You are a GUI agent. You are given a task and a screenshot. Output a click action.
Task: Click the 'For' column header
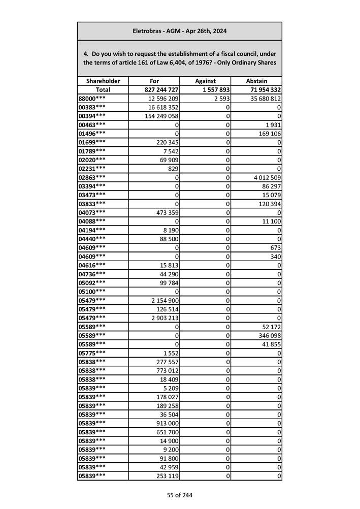click(154, 81)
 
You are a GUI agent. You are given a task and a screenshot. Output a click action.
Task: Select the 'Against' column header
click(205, 81)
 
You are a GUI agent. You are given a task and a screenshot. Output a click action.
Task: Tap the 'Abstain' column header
click(256, 81)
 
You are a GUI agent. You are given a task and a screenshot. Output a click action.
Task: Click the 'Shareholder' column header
click(103, 81)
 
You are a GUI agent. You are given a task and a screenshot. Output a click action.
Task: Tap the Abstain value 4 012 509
click(264, 177)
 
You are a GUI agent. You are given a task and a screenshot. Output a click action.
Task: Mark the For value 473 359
click(166, 212)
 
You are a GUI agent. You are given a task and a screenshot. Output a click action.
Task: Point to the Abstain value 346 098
click(268, 335)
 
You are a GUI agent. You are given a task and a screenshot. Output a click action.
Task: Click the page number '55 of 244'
click(180, 495)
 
